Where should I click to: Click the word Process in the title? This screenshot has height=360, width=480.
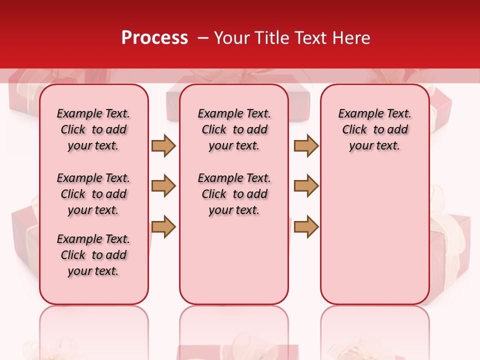pyautogui.click(x=154, y=38)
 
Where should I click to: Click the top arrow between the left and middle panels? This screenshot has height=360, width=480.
pyautogui.click(x=163, y=145)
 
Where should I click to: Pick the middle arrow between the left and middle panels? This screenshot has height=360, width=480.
pyautogui.click(x=163, y=186)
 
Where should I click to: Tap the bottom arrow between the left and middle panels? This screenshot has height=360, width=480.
pyautogui.click(x=163, y=227)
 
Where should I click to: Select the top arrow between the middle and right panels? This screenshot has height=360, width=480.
pyautogui.click(x=306, y=145)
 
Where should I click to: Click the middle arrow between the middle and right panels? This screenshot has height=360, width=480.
pyautogui.click(x=306, y=186)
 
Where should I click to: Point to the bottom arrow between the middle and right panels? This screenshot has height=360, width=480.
pyautogui.click(x=306, y=227)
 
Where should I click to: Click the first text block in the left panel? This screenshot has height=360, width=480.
pyautogui.click(x=93, y=129)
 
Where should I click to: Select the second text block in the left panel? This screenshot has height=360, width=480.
pyautogui.click(x=93, y=194)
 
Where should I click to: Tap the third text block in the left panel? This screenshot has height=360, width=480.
pyautogui.click(x=93, y=255)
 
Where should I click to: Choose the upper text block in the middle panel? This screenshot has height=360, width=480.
pyautogui.click(x=234, y=129)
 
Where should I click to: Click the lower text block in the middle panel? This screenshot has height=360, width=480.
pyautogui.click(x=234, y=194)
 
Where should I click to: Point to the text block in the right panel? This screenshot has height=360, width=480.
pyautogui.click(x=375, y=129)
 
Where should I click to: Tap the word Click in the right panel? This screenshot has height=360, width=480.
pyautogui.click(x=354, y=130)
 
